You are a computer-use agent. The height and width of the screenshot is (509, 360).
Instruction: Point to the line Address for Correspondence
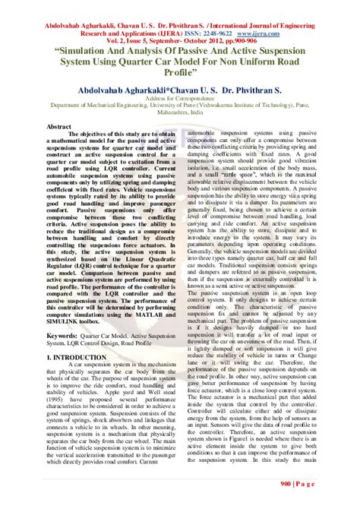tap(180, 100)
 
